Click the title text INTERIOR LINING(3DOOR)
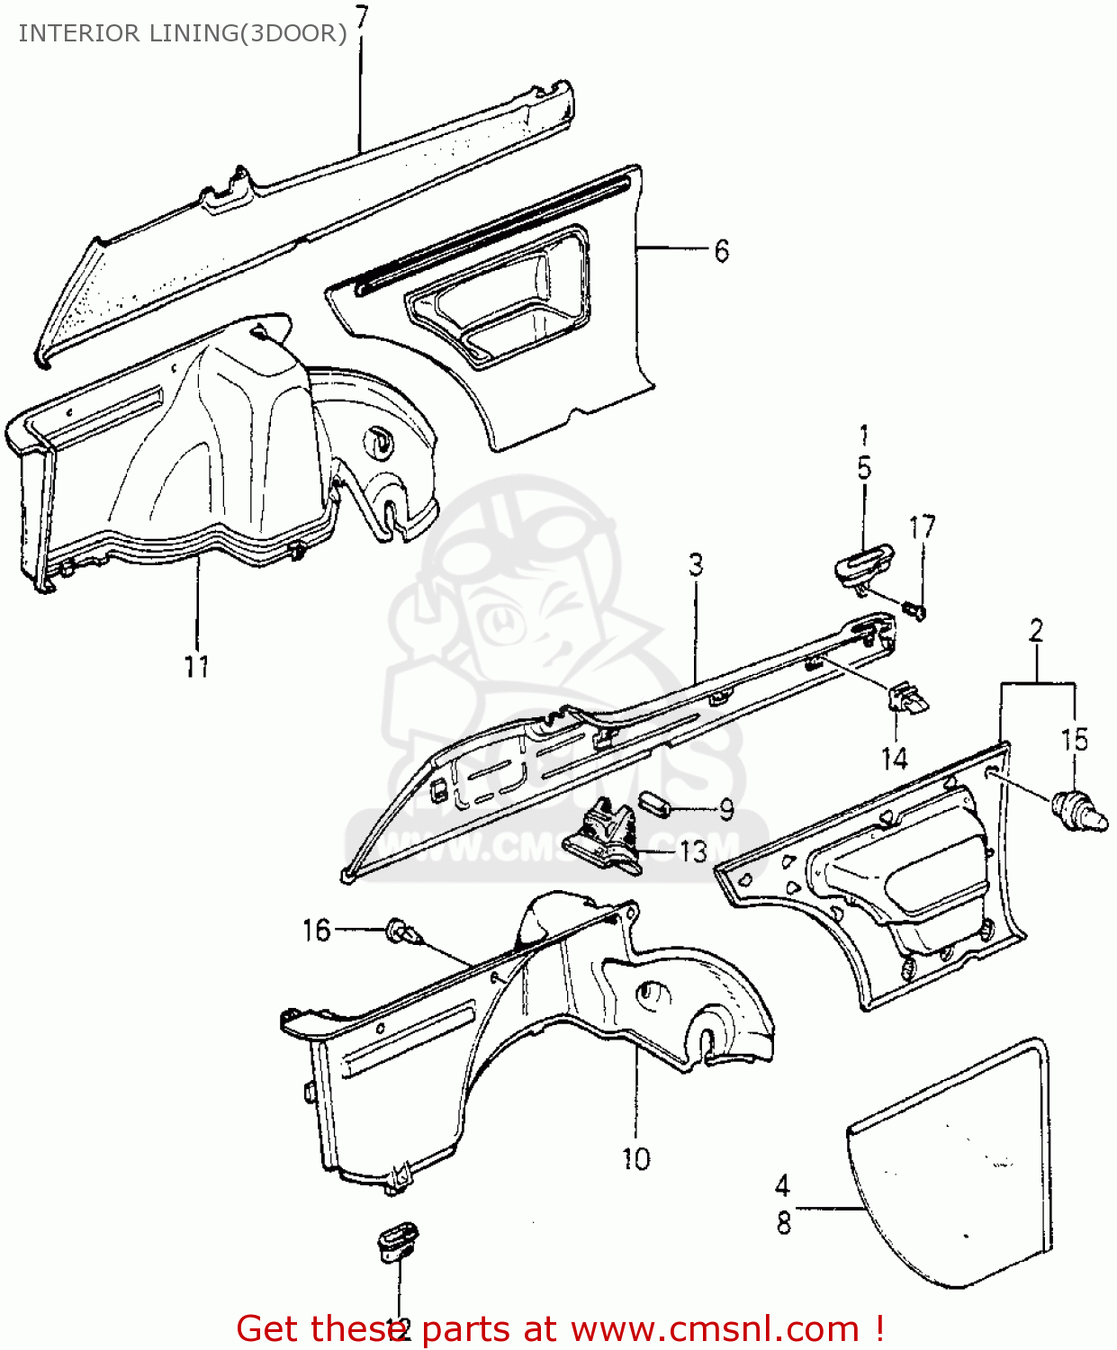point(183,33)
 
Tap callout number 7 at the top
point(361,16)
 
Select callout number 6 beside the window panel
point(721,251)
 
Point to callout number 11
point(196,667)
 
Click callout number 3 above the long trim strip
point(696,565)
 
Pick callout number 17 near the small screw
point(923,527)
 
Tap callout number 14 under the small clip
point(894,759)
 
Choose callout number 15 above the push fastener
point(1075,740)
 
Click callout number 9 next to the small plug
point(725,809)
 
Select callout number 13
point(693,850)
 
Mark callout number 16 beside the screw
point(317,930)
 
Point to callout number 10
point(635,1158)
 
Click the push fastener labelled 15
point(1078,809)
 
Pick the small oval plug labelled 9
point(654,802)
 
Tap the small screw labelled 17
point(916,611)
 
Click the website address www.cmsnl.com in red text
point(715,1329)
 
